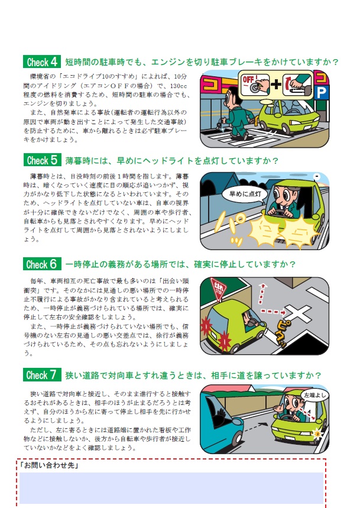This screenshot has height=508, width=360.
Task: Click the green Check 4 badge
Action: pos(42,62)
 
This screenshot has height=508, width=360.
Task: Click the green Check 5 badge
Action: pos(42,160)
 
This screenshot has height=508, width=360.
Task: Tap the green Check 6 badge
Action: pos(42,264)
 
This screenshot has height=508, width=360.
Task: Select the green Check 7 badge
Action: pos(42,375)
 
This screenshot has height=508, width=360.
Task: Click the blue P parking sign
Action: pos(321,93)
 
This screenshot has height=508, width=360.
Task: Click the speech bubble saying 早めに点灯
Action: pos(245,195)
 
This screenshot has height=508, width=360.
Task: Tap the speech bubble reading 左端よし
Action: pos(314,396)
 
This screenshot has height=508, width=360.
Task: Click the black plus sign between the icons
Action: pos(276,85)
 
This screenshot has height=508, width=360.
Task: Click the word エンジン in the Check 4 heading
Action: pos(168,62)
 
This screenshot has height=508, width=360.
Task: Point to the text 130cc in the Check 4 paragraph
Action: pos(179,86)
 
